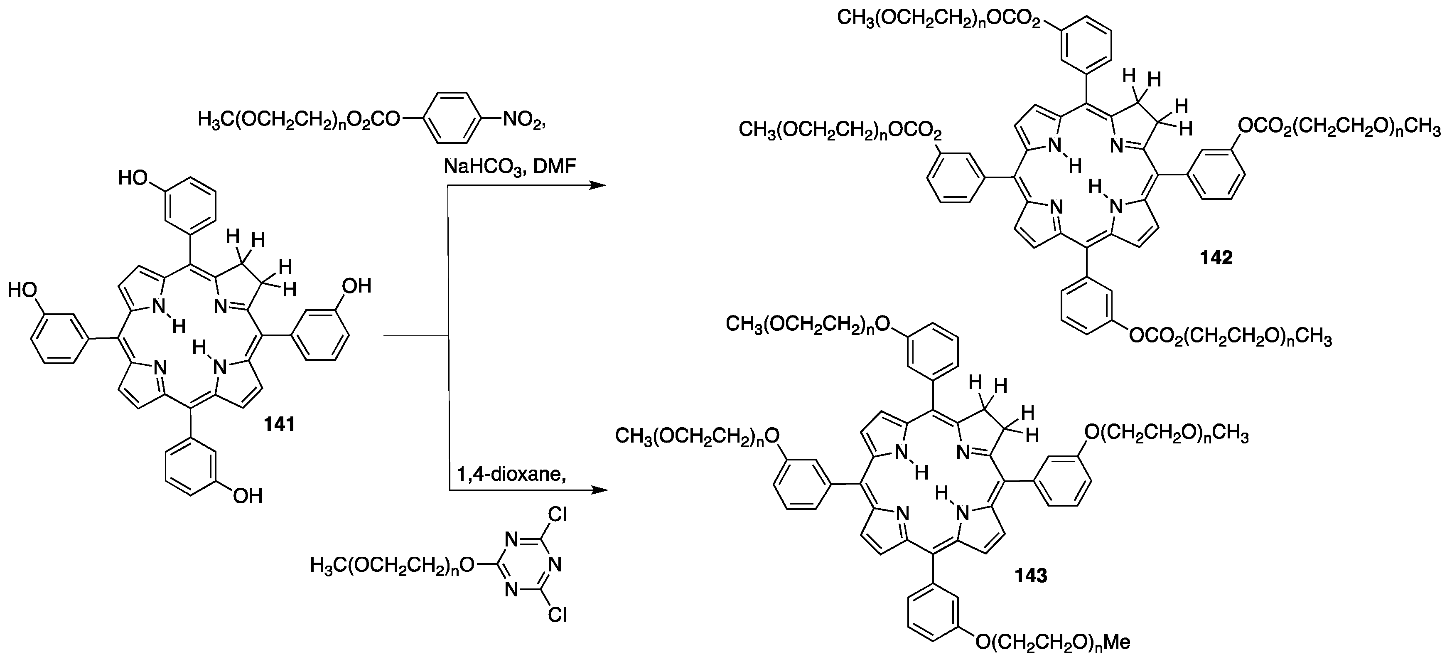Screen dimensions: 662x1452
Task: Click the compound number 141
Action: [x=280, y=423]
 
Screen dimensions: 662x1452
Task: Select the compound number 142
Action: [x=1216, y=257]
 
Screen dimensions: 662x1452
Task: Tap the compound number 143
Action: [x=1031, y=575]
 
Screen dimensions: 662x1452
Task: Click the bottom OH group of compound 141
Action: [x=248, y=496]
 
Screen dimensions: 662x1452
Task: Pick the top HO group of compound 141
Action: [x=133, y=178]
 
